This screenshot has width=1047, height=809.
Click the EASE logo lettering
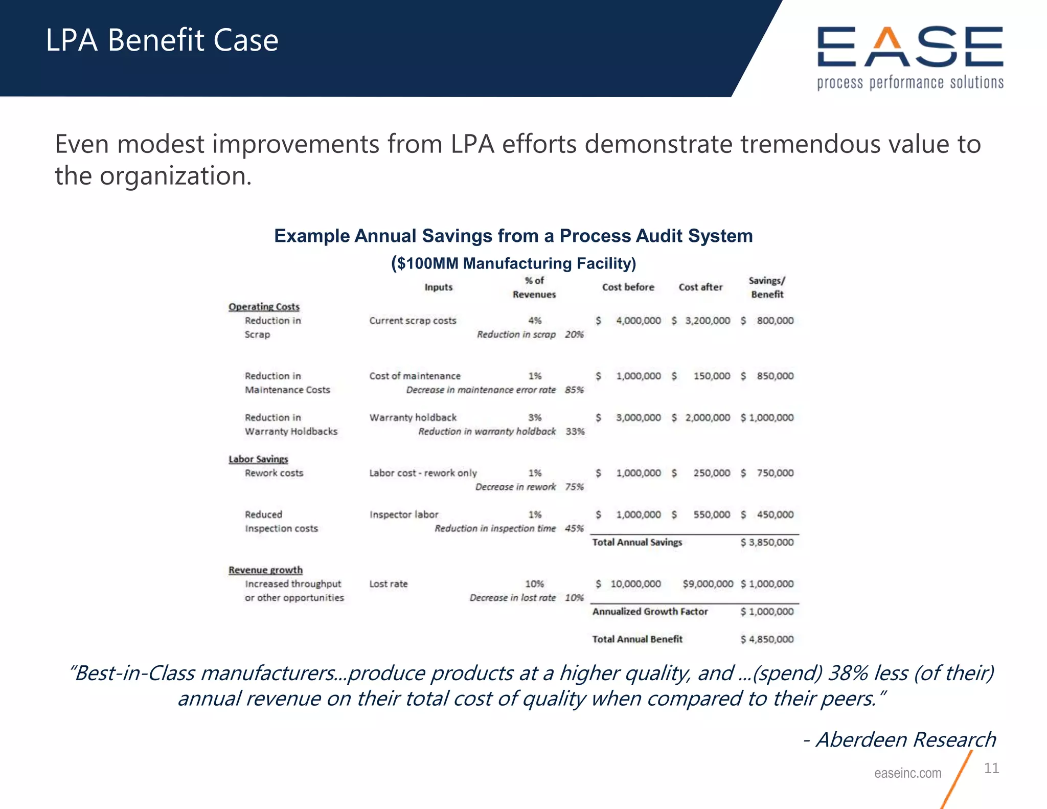(910, 47)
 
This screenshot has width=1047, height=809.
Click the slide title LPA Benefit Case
(162, 40)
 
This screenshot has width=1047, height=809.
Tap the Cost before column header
(628, 287)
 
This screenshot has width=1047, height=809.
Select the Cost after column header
(700, 287)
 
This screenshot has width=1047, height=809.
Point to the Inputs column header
(438, 287)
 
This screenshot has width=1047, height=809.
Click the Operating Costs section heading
(264, 307)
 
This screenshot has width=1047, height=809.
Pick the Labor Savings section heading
(258, 459)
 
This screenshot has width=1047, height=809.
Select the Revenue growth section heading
(265, 570)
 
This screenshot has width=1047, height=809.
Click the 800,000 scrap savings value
(775, 321)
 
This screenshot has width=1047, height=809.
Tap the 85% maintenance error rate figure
(574, 390)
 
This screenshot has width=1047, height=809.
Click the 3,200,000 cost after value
(707, 321)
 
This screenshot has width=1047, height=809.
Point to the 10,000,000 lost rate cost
(635, 584)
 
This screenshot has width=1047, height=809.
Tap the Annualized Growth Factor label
(650, 612)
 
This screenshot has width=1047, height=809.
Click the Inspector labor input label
(404, 515)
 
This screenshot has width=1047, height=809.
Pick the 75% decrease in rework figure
(574, 487)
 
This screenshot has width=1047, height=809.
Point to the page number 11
(991, 768)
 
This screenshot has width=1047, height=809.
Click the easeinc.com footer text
(907, 773)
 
